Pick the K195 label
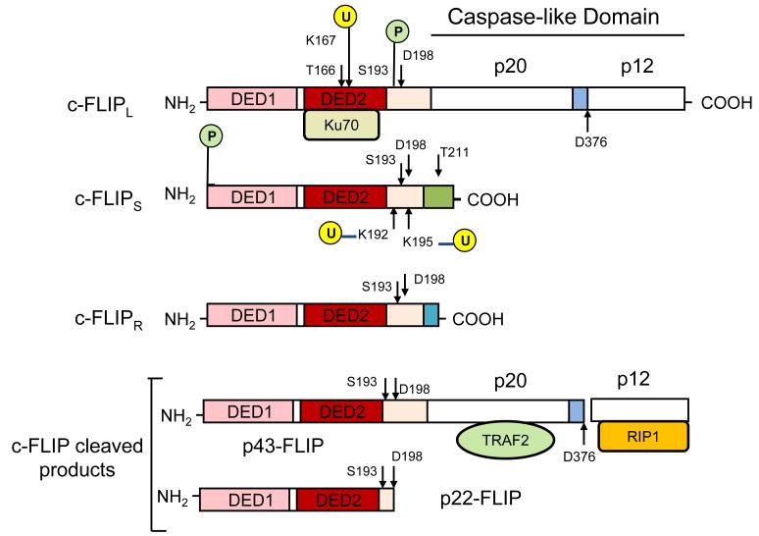pos(420,239)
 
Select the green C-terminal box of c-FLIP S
pos(438,196)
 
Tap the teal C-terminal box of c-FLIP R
pos(431,315)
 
